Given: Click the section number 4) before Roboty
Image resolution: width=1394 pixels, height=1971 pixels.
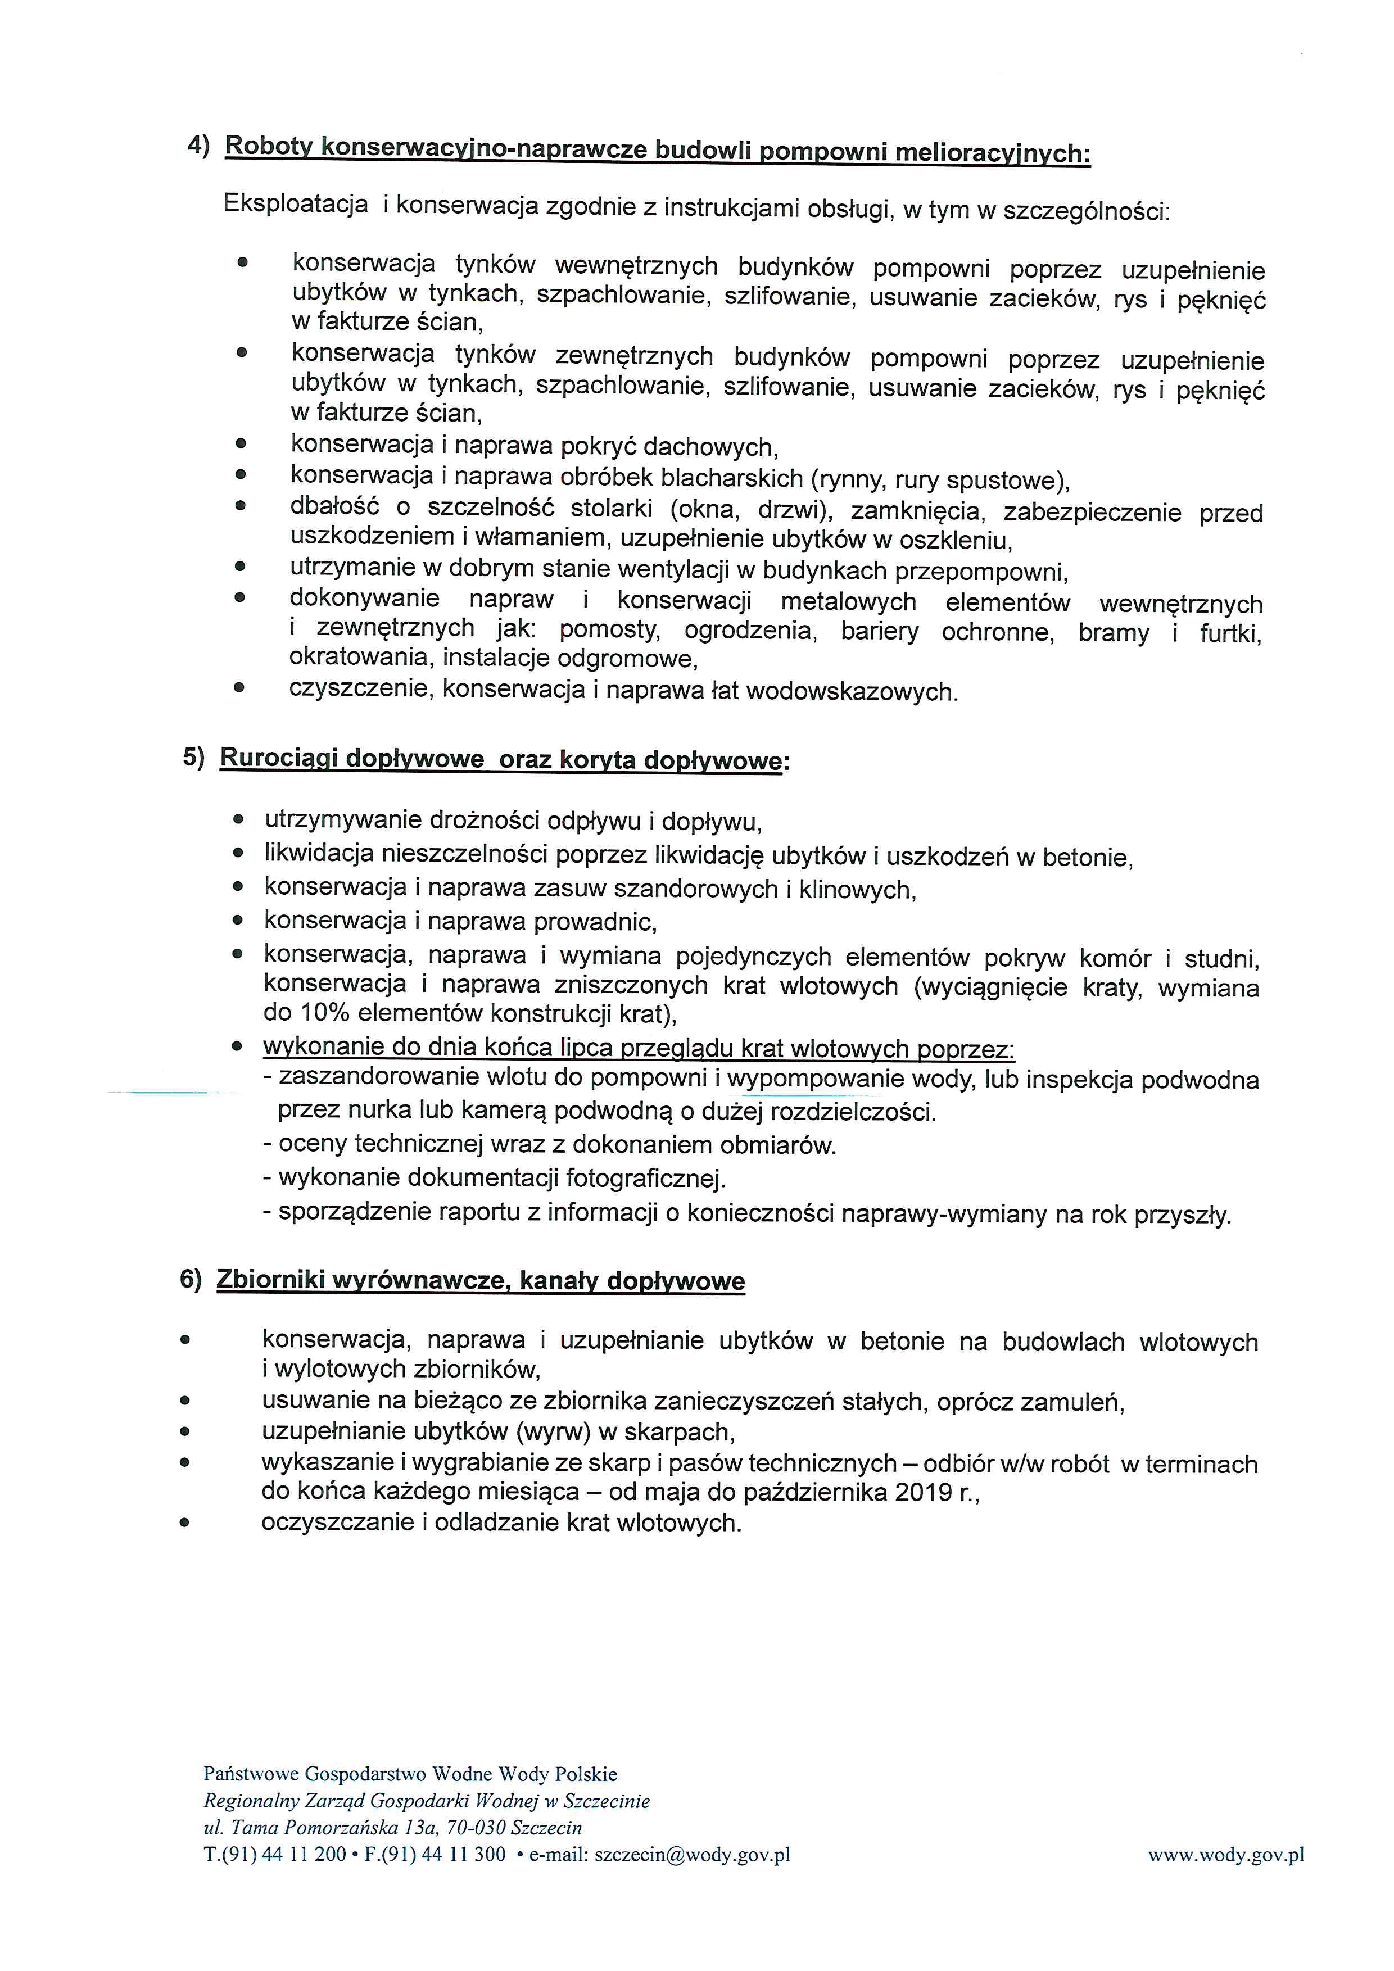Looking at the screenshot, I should point(198,146).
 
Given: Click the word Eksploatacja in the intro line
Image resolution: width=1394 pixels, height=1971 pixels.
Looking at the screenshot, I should point(295,205).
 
